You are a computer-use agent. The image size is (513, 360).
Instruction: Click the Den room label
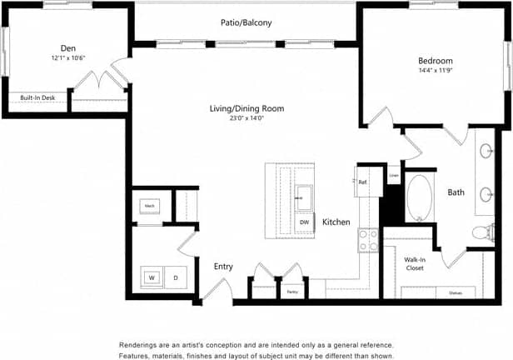point(68,48)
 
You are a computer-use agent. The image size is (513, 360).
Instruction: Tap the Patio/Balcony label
point(246,23)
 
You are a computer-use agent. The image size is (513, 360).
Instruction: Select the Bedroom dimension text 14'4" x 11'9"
point(435,72)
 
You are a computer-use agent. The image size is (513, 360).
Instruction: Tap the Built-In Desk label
point(37,97)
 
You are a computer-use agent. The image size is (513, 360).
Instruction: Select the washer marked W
point(152,277)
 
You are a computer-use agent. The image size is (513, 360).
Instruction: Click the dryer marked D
point(176,277)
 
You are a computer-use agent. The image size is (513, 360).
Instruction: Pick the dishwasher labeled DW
point(305,222)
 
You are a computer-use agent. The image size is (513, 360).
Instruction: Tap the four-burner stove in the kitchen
point(367,240)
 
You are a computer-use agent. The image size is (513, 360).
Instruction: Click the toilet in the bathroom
point(479,232)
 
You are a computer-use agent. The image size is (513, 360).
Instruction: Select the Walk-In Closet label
point(416,264)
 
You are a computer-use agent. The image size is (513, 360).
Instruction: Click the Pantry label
point(292,292)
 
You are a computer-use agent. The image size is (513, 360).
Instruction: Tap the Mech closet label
point(151,205)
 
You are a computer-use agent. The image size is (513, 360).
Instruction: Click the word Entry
point(223,267)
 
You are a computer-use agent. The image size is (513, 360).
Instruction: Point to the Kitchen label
point(336,222)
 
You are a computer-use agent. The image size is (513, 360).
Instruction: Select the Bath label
point(456,192)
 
